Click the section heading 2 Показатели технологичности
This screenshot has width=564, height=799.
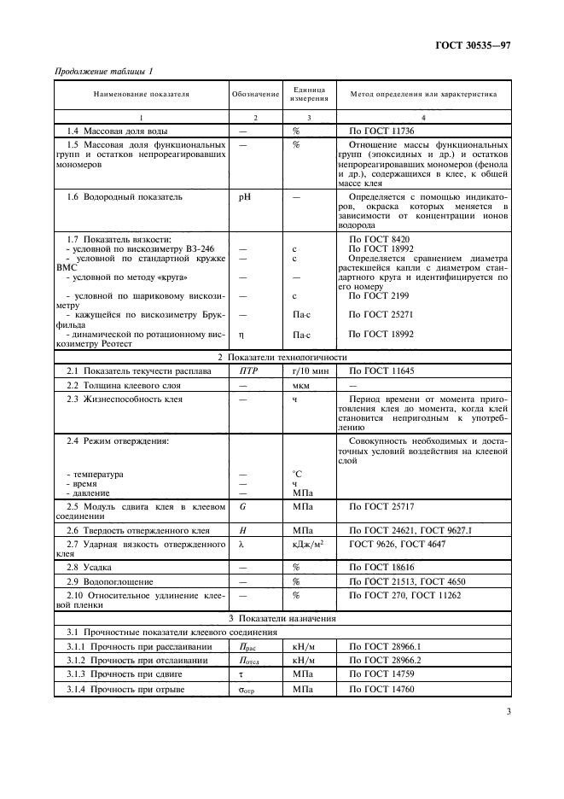point(282,357)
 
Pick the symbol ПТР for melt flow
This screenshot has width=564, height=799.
point(247,372)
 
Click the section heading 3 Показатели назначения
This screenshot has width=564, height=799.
point(282,618)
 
